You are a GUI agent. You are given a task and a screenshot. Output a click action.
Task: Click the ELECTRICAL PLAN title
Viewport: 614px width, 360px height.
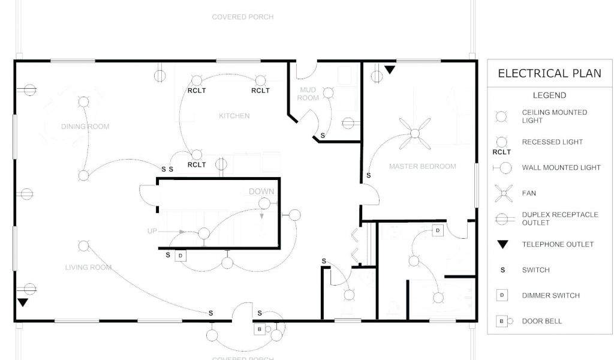(x=549, y=73)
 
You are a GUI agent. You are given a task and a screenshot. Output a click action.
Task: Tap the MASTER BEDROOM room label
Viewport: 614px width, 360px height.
(x=422, y=166)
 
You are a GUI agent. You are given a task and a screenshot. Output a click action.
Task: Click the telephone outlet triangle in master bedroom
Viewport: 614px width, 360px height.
(x=390, y=70)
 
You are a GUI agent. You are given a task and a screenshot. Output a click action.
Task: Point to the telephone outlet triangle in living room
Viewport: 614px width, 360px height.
(x=22, y=302)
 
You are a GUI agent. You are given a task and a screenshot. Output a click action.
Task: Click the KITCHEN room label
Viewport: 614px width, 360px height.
(x=234, y=116)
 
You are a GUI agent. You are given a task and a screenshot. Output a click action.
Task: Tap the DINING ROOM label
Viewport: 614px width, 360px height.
(x=85, y=127)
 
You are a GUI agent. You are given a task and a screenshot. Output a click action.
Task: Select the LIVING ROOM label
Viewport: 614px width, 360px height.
(x=88, y=268)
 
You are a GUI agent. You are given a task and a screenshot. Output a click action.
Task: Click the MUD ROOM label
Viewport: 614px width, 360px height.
(x=309, y=94)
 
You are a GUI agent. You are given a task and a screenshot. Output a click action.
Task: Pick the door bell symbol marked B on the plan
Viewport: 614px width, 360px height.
(x=260, y=329)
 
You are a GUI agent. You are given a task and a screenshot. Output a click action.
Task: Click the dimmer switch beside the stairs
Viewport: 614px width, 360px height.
(x=181, y=256)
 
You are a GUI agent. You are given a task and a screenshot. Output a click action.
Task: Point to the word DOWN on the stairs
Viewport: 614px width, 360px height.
(x=261, y=192)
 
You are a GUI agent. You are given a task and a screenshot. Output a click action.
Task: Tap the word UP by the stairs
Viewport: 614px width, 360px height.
(x=152, y=231)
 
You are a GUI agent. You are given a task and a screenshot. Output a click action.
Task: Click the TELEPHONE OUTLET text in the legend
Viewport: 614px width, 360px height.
(x=558, y=244)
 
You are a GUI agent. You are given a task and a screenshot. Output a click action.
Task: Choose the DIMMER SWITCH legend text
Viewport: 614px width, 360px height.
(x=550, y=295)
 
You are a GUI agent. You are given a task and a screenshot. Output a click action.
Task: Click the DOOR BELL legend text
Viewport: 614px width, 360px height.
(x=542, y=321)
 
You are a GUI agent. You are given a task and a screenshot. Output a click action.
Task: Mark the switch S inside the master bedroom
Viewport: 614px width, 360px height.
(x=368, y=176)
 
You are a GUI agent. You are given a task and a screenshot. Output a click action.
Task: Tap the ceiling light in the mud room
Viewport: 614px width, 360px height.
(x=328, y=92)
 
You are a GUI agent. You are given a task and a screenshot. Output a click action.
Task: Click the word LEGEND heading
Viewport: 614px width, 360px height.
(x=549, y=95)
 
